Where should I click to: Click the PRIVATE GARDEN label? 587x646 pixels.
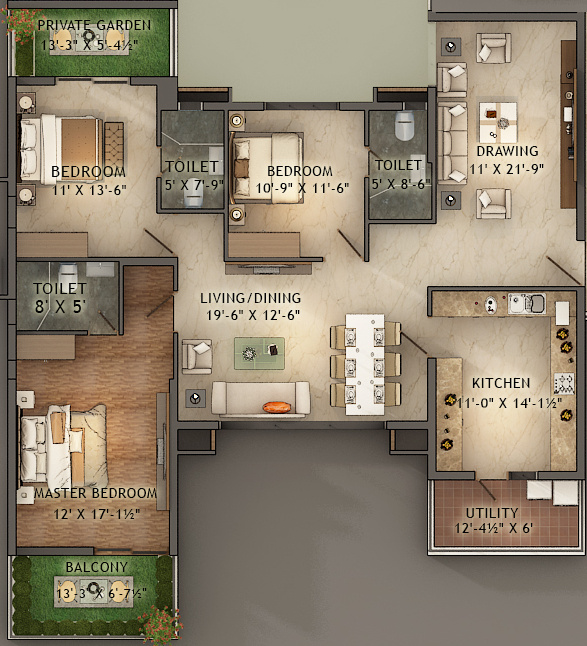(x=96, y=25)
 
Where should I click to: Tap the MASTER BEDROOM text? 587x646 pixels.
(x=96, y=493)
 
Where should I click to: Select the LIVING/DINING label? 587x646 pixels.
(x=250, y=298)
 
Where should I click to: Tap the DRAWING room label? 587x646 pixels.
(x=507, y=152)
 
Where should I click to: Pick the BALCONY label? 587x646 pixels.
(x=96, y=568)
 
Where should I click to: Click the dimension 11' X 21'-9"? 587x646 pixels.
(x=507, y=169)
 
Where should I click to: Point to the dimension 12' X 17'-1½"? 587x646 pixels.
(x=96, y=513)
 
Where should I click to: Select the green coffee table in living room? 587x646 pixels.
(x=259, y=351)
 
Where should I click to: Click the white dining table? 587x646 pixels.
(x=364, y=364)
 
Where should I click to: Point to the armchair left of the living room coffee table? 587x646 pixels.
(x=197, y=355)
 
